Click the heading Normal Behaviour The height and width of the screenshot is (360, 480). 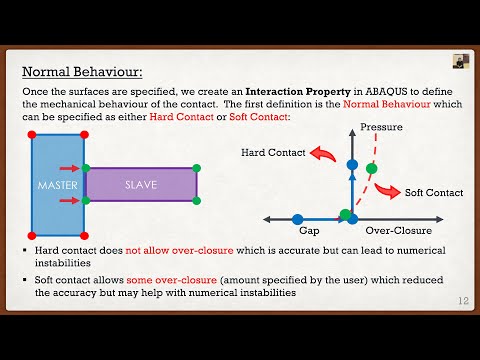[x=83, y=72]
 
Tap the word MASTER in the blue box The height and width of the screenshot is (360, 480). [x=57, y=186]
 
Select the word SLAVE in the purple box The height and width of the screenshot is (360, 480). [x=140, y=185]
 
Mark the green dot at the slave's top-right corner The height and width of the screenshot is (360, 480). [x=197, y=168]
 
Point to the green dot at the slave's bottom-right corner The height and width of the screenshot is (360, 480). [x=197, y=201]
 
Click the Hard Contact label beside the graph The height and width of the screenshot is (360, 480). [x=272, y=152]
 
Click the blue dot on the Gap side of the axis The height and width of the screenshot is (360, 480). [x=298, y=218]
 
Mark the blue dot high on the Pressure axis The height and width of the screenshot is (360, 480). [x=352, y=164]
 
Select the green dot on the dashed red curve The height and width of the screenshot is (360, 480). [x=372, y=168]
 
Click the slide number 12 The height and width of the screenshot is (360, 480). [x=463, y=301]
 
